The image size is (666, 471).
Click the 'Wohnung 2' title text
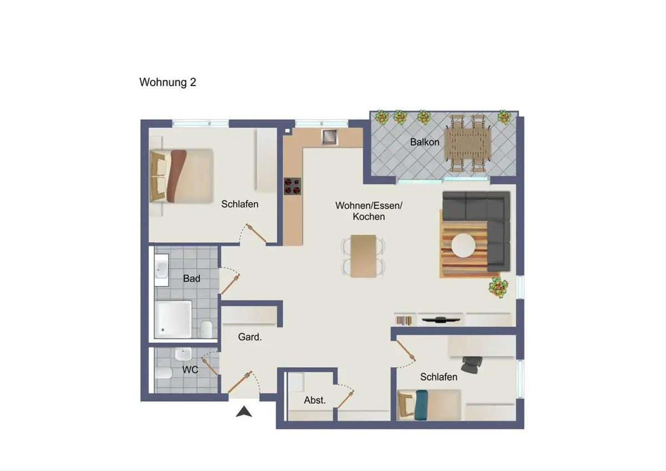168,82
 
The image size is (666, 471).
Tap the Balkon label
425,142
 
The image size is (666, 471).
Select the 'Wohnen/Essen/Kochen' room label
369,211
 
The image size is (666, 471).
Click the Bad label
191,278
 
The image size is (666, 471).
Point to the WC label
190,369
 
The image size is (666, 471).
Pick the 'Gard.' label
250,337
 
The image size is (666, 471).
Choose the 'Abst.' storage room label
315,400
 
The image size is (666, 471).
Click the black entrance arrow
244,412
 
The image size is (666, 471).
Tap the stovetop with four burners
292,186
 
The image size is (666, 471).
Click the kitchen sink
330,137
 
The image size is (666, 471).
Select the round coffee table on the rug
463,245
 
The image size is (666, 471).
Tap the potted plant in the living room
498,287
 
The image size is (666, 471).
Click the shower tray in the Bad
173,319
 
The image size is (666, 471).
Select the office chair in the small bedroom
472,364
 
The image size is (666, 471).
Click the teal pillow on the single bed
421,405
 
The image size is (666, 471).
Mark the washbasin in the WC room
183,354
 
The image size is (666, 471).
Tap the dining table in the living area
364,256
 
